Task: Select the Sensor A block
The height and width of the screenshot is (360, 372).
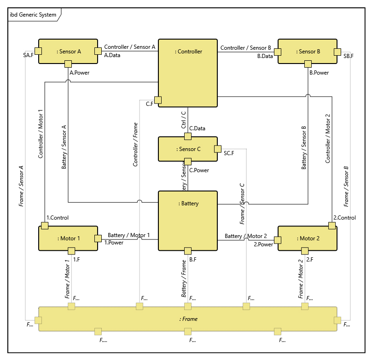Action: pyautogui.click(x=68, y=51)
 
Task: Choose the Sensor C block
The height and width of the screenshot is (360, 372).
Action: pyautogui.click(x=188, y=149)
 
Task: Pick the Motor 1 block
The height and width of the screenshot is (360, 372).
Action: pyautogui.click(x=68, y=238)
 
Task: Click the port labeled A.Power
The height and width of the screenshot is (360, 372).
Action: pyautogui.click(x=68, y=64)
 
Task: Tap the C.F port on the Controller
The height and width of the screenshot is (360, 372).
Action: pyautogui.click(x=158, y=100)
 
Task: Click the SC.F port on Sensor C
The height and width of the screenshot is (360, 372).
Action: pyautogui.click(x=217, y=149)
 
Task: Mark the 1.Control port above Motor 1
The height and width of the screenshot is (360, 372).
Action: pyautogui.click(x=45, y=225)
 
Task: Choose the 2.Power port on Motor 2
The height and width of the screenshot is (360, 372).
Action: pyautogui.click(x=277, y=239)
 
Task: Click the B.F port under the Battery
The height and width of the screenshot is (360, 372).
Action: pyautogui.click(x=187, y=250)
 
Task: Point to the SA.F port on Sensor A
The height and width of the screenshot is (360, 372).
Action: pyautogui.click(x=39, y=51)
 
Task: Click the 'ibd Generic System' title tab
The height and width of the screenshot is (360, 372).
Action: pyautogui.click(x=33, y=15)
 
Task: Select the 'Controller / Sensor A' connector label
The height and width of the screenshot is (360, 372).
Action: pyautogui.click(x=129, y=47)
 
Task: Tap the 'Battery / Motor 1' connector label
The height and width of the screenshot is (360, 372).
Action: pyautogui.click(x=128, y=235)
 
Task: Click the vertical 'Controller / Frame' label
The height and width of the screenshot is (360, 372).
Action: pyautogui.click(x=135, y=144)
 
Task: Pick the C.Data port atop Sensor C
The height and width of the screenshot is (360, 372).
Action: pyautogui.click(x=187, y=136)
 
